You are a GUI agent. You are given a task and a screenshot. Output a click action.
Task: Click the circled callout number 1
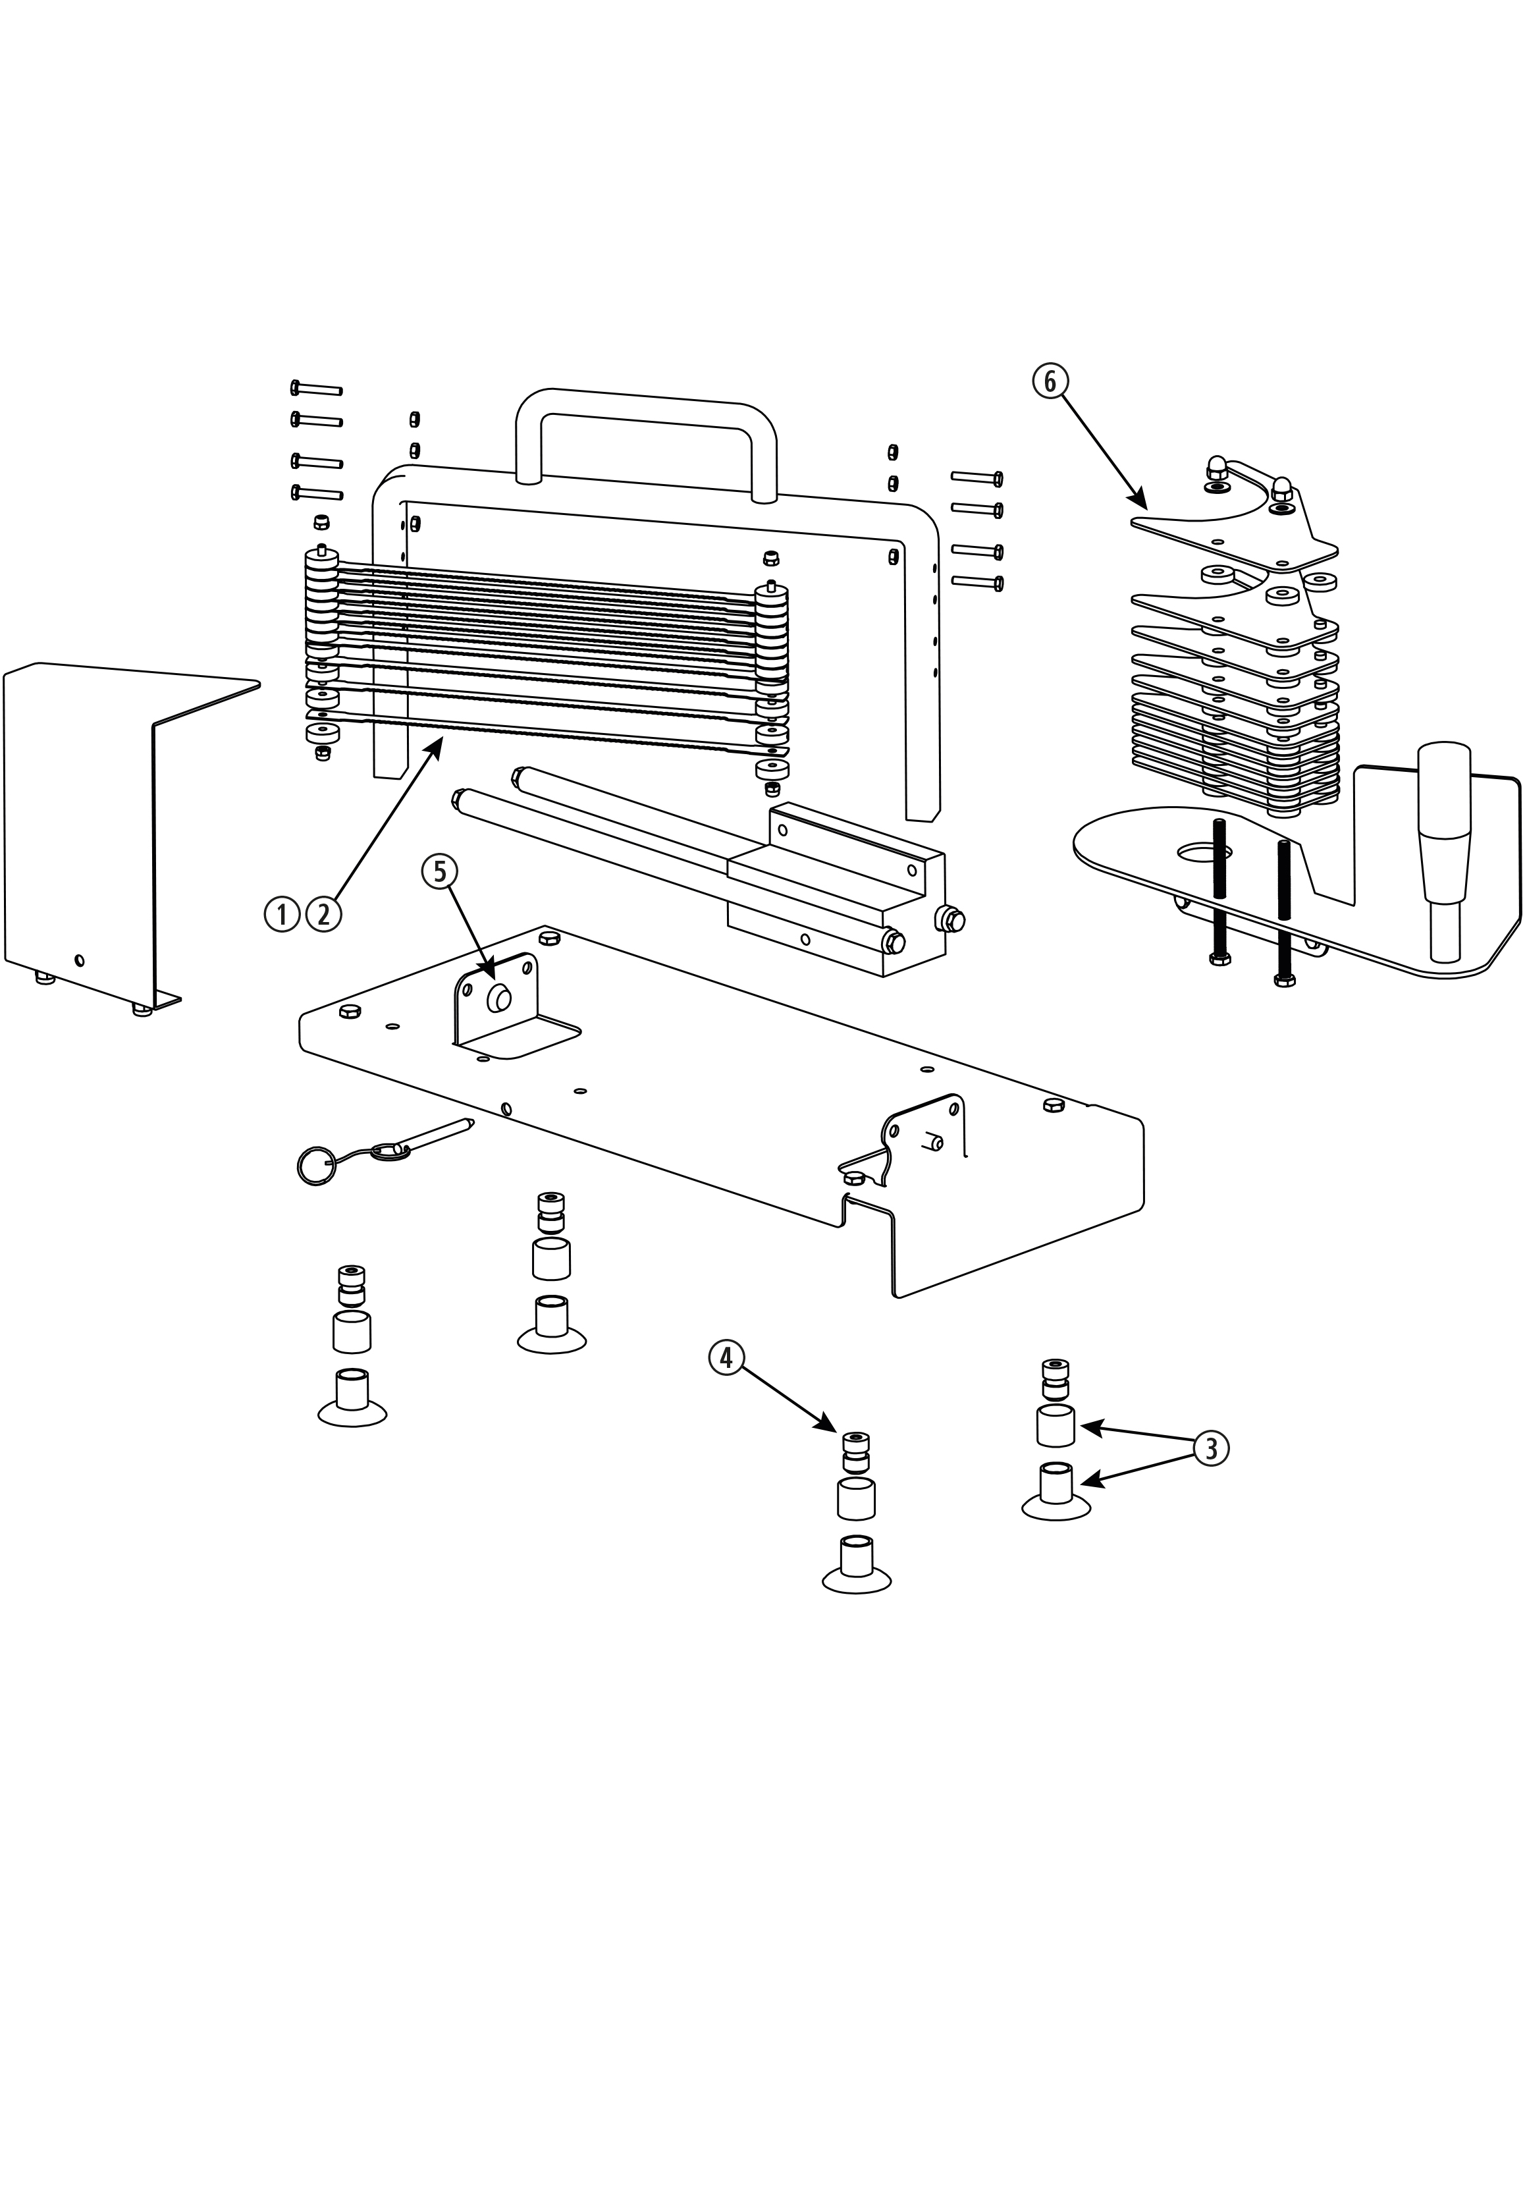[x=281, y=915]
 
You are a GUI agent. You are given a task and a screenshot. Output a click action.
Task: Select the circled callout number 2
[x=324, y=915]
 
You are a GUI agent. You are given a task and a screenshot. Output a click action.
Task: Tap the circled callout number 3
[x=1211, y=1448]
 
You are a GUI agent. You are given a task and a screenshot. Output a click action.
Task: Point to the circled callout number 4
[x=726, y=1357]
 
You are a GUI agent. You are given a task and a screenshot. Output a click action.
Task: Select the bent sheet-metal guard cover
[x=86, y=822]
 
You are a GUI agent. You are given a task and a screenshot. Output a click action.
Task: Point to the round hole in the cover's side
[x=79, y=960]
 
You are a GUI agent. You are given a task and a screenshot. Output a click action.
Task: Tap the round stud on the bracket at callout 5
[x=498, y=1000]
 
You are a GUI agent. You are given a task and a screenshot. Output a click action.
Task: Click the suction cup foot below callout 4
[x=856, y=1567]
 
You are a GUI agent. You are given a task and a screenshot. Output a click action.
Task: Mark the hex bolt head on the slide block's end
[x=951, y=921]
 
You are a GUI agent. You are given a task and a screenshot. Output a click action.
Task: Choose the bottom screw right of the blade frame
[x=977, y=581]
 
